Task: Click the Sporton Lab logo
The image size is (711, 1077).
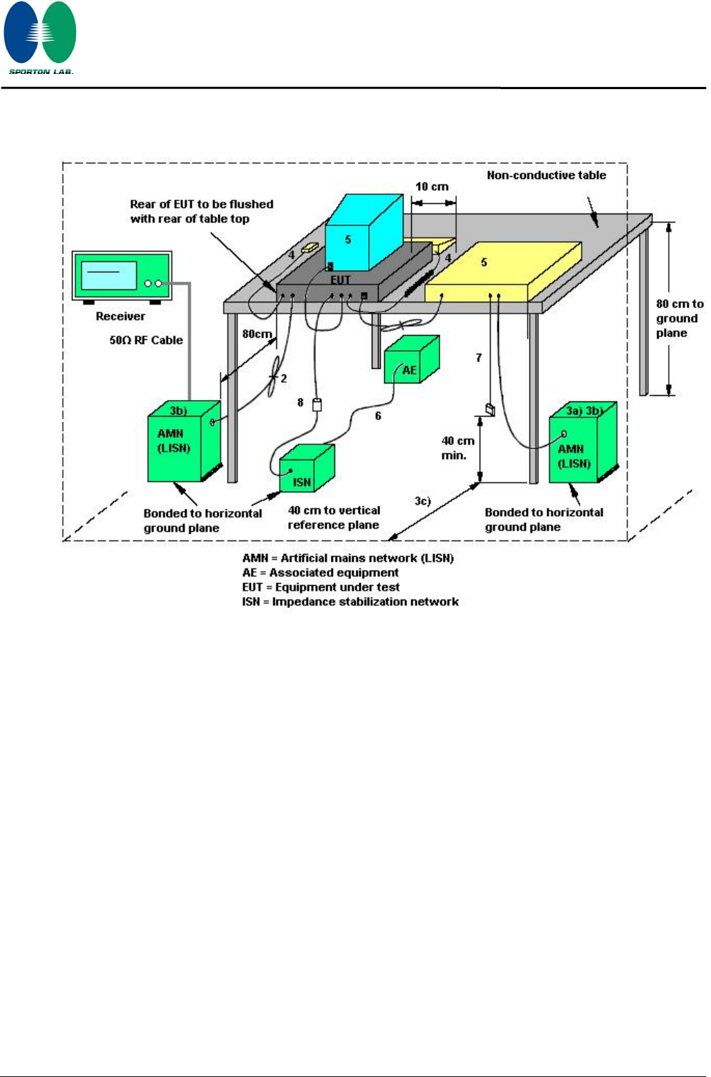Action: (x=40, y=37)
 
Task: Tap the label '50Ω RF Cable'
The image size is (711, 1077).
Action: (x=146, y=340)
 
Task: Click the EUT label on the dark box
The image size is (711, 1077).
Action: (x=341, y=280)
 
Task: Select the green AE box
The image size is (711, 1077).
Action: (x=411, y=359)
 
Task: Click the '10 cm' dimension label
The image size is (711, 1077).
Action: (x=432, y=187)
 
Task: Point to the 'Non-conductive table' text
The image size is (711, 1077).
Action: (x=546, y=175)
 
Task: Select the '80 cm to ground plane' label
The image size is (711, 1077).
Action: (x=679, y=318)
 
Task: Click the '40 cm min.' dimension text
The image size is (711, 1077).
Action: (x=457, y=448)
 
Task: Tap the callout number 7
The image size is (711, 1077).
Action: (x=478, y=357)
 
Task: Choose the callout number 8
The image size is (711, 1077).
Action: (x=300, y=402)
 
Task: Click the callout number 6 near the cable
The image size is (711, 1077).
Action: (x=378, y=416)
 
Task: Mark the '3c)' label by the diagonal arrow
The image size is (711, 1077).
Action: (x=422, y=500)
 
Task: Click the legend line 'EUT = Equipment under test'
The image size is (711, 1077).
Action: (x=321, y=587)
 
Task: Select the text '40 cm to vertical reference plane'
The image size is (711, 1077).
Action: (x=334, y=517)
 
